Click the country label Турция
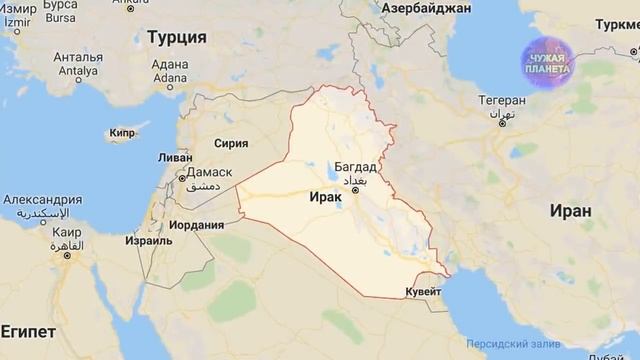tap(176, 37)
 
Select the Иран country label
tap(570, 211)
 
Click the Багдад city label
tap(358, 165)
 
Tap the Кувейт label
tap(423, 292)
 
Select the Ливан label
tap(175, 158)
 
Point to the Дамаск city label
tap(206, 172)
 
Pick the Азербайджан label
tap(425, 8)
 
